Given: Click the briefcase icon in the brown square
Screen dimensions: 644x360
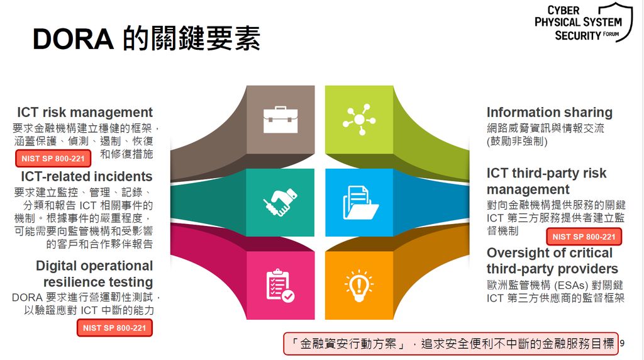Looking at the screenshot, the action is (280, 120).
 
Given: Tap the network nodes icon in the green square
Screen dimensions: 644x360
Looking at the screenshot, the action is (359, 120).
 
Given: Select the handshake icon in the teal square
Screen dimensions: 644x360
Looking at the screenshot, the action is (280, 202).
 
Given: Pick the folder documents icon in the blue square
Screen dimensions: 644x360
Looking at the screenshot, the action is (360, 202).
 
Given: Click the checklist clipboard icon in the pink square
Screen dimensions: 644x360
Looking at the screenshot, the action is (280, 286).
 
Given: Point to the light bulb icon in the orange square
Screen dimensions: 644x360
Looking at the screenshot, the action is (359, 286).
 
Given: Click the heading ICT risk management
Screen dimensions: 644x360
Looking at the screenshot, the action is (85, 112).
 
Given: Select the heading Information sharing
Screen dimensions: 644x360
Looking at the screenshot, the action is (550, 112).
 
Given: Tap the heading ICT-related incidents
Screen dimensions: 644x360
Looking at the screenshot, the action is (87, 176).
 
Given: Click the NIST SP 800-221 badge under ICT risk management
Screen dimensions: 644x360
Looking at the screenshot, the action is (53, 159).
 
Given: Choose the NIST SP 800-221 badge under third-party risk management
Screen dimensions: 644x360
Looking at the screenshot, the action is (584, 237).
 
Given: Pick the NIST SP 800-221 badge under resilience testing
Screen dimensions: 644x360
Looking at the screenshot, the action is (114, 328).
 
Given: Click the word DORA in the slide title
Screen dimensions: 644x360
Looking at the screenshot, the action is (73, 39).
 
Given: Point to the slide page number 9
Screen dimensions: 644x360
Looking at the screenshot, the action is (622, 343).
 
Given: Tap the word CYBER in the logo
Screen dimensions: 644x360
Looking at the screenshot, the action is (563, 10).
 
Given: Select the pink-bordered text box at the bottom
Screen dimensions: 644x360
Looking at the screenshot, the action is (451, 344).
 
